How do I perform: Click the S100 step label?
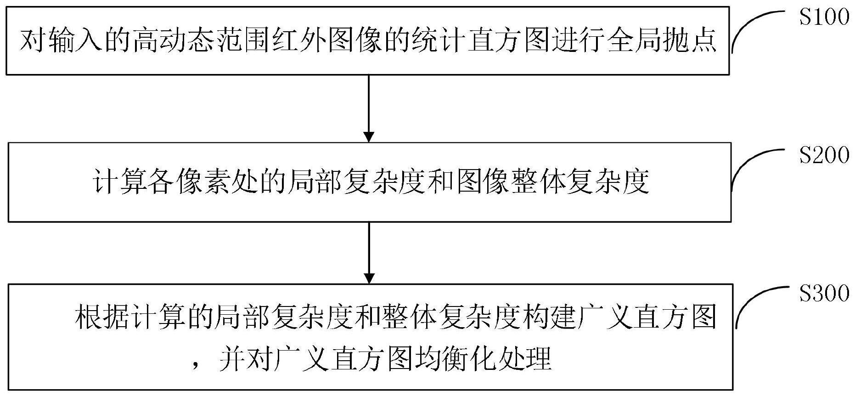tap(824, 18)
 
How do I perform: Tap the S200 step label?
tap(824, 156)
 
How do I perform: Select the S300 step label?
tap(824, 294)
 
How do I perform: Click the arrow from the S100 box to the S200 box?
tap(369, 108)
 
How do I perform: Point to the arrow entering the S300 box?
tap(369, 253)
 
